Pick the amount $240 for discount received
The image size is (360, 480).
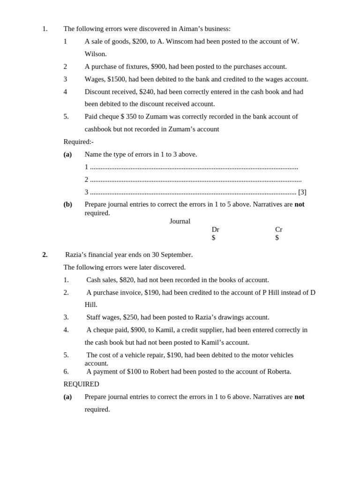[x=147, y=92]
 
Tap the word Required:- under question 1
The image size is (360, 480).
[x=78, y=142]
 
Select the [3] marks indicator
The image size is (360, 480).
[x=302, y=192]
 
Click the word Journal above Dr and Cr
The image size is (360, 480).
[x=180, y=221]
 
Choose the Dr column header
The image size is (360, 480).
[x=215, y=230]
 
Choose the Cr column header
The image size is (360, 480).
[x=278, y=230]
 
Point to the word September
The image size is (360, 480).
[x=176, y=255]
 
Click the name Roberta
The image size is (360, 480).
[x=278, y=372]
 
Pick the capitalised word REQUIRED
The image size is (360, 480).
[x=81, y=384]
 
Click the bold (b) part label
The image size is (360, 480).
[x=67, y=204]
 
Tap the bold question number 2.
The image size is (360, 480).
[x=45, y=255]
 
